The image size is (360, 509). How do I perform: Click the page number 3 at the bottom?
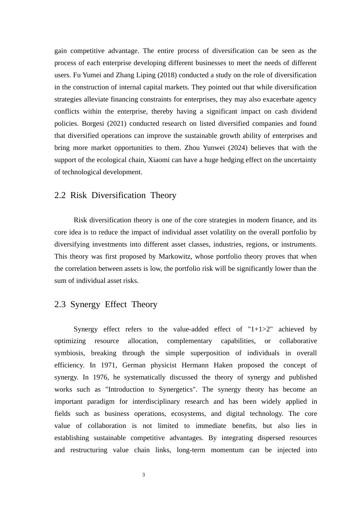[x=144, y=475]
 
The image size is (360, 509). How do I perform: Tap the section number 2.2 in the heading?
[x=60, y=195]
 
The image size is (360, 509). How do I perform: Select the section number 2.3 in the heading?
[x=60, y=304]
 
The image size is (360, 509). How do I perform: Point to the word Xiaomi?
[x=159, y=160]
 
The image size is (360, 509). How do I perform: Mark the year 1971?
[x=109, y=365]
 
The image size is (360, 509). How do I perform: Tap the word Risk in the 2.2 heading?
[x=78, y=195]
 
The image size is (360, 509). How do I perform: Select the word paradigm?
[x=101, y=401]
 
